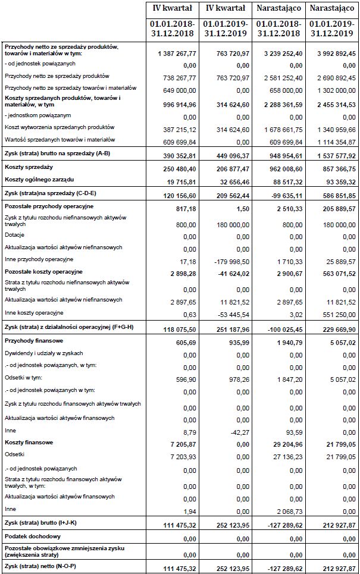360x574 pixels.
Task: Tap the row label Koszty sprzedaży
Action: coord(29,168)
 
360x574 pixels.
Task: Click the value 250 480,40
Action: coord(179,170)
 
